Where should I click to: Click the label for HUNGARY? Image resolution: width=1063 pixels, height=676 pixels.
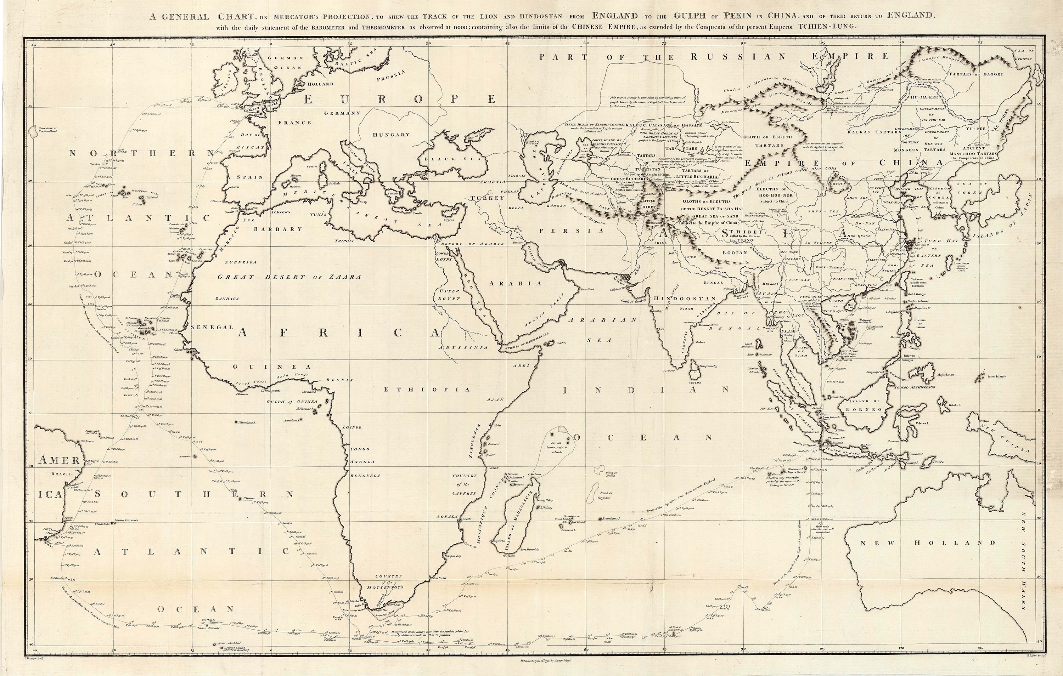click(391, 135)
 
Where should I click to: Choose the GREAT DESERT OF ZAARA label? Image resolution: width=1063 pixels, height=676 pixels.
click(289, 277)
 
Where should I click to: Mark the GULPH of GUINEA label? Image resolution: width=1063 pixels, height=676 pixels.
click(292, 402)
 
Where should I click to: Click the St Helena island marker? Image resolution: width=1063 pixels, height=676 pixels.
click(240, 499)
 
